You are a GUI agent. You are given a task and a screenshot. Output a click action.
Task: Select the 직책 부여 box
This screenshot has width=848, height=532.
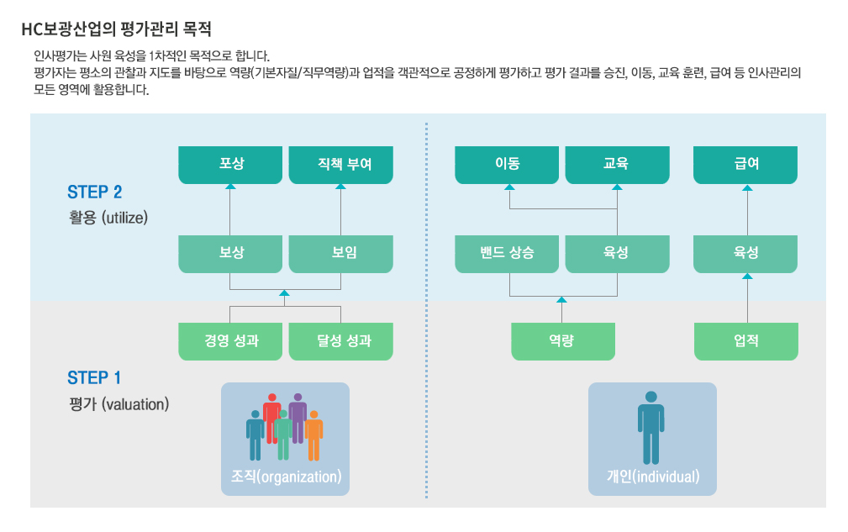pos(340,165)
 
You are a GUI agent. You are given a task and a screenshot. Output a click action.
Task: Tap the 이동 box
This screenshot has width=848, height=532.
pos(507,165)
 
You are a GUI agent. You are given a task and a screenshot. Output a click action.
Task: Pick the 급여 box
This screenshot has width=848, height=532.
pos(745,165)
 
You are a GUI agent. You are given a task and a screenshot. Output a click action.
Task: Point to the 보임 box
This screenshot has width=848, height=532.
pos(340,253)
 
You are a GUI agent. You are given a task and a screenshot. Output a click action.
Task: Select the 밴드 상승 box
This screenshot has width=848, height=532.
pos(507,253)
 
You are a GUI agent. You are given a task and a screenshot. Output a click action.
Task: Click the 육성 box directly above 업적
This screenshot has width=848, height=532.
pos(745,253)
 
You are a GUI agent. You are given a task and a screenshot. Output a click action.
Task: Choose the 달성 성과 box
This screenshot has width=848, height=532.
pos(340,341)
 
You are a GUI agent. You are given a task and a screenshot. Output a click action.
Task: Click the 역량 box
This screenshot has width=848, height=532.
pos(563,341)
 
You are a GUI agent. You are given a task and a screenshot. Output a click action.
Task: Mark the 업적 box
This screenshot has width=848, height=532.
pos(745,341)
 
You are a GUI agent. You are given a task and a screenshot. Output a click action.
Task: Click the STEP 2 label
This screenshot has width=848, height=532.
pos(94,192)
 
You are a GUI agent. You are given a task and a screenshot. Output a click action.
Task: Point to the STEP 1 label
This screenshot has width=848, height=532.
pos(94,378)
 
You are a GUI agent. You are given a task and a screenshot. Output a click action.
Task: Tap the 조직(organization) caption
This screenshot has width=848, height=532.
pos(286,477)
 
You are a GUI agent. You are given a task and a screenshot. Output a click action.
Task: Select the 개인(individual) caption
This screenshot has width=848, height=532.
pos(652,477)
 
